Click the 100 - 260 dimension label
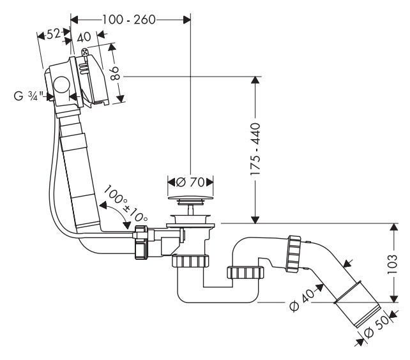pos(128,20)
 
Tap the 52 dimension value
pos(54,34)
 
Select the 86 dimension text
pos(115,73)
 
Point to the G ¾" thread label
pos(29,96)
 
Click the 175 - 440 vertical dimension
pos(255,149)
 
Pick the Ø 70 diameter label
pos(190,182)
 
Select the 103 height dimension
pos(393,264)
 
